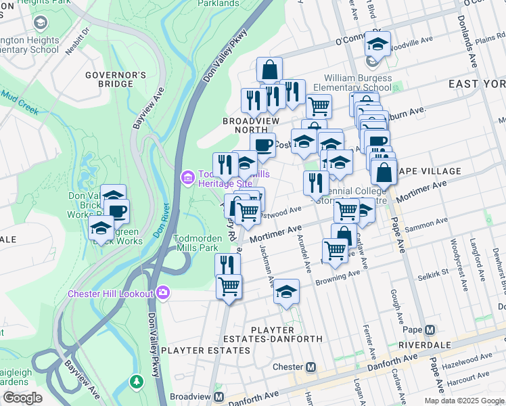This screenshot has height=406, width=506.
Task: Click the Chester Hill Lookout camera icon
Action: point(162,293)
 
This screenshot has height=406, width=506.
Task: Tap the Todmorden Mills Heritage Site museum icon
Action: point(187,178)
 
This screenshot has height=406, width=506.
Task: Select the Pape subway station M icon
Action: point(429,330)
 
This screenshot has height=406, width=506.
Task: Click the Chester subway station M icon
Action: point(311,367)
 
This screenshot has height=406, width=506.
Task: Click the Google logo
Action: point(22,398)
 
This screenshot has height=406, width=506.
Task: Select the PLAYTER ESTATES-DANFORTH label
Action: point(286,334)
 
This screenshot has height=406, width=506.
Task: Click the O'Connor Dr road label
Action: point(356,40)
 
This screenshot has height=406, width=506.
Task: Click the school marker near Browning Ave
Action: point(287,292)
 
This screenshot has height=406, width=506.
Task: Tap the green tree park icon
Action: point(137,382)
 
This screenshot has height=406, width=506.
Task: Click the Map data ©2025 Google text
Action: point(463,401)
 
